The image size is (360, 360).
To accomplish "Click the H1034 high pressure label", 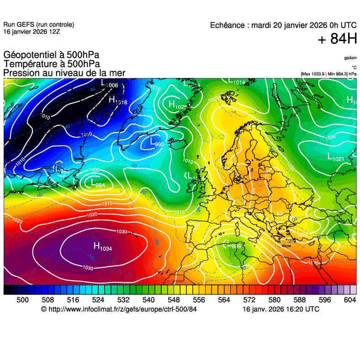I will click(103, 246).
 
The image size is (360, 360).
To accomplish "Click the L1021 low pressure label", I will click(336, 157).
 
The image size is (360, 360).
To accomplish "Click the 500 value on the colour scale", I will click(22, 299).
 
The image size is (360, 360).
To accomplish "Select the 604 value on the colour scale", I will click(349, 299).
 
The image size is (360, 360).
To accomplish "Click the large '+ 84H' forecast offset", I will click(337, 40).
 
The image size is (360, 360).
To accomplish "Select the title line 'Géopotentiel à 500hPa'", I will click(51, 55).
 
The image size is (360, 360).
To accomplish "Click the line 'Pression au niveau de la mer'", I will click(64, 73).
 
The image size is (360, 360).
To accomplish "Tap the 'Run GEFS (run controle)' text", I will click(38, 25).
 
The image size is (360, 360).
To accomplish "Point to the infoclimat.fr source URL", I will click(118, 309).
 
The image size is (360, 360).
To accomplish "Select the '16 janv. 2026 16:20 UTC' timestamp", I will click(281, 309).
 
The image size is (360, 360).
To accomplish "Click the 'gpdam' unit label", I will click(350, 58).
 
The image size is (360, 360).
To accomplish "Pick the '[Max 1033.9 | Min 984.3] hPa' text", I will click(328, 73).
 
